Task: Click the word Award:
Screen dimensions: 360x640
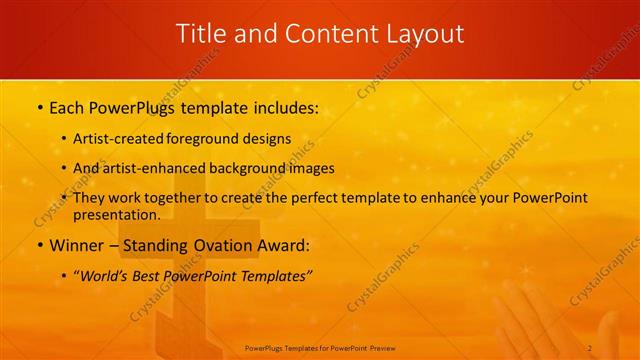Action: point(282,245)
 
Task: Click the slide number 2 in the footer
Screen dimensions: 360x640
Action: point(590,347)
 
